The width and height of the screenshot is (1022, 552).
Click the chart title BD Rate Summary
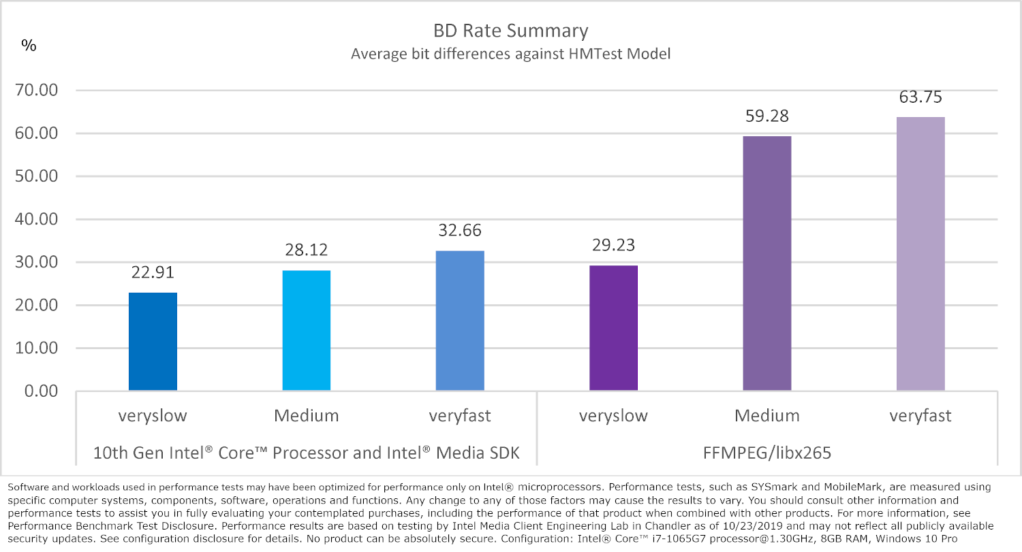click(510, 31)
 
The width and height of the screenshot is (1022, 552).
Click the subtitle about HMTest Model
click(510, 54)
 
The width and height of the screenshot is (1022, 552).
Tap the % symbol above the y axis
click(29, 46)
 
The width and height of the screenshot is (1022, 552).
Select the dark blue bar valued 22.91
click(153, 342)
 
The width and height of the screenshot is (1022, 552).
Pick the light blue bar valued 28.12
click(307, 331)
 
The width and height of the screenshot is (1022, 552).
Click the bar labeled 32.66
click(460, 321)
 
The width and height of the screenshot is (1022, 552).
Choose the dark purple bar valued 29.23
click(613, 328)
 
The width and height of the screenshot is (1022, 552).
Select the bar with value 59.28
click(767, 263)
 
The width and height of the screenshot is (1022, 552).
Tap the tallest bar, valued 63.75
click(920, 254)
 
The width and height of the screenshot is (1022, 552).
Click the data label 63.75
click(920, 97)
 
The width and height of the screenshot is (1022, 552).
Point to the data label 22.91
click(153, 273)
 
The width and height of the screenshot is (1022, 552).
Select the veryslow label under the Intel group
click(153, 416)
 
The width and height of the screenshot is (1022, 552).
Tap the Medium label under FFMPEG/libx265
click(767, 416)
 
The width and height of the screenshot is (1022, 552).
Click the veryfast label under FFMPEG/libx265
click(920, 416)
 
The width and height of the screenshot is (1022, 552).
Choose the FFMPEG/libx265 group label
click(766, 453)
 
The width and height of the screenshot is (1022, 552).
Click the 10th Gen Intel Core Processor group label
click(306, 453)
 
